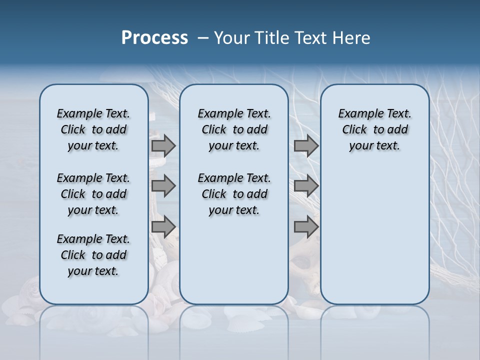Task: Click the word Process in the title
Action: [154, 38]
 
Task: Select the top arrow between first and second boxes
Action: [163, 145]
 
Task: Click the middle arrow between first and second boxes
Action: [163, 186]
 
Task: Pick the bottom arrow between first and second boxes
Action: [163, 227]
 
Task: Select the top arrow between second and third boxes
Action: [306, 145]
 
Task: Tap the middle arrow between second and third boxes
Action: [306, 186]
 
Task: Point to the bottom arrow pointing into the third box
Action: [306, 227]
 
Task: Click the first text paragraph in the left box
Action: [93, 129]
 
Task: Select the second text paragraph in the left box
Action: [93, 194]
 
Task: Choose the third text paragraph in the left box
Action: [93, 255]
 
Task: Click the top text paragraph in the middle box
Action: [234, 129]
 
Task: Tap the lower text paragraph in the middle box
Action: [234, 194]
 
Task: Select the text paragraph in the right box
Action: [374, 129]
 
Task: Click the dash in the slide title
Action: [203, 38]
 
